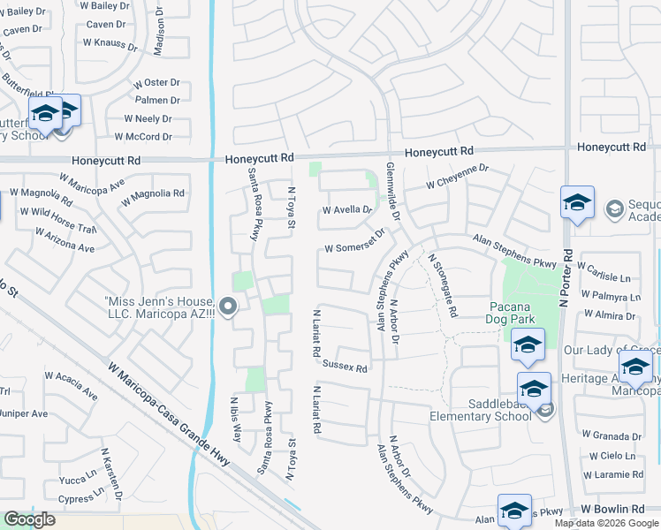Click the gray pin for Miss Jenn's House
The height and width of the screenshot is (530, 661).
(228, 307)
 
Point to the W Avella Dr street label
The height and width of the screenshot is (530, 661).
(347, 210)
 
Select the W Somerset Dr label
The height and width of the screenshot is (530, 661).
(354, 244)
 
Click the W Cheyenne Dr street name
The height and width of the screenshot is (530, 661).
(457, 177)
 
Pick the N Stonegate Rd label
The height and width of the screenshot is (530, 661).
(443, 285)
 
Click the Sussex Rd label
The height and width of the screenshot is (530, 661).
(345, 366)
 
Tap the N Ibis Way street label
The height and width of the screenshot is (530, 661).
(237, 418)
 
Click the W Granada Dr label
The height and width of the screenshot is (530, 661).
(612, 435)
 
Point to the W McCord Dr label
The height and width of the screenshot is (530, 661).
(141, 137)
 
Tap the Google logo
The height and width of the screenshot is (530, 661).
(29, 519)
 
